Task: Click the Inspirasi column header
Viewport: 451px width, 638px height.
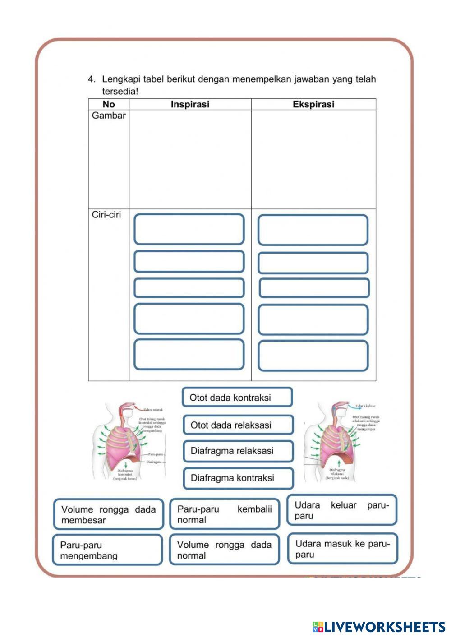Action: coord(190,104)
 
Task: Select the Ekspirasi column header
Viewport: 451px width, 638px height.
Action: coord(313,104)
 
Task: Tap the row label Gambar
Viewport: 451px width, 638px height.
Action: coord(109,116)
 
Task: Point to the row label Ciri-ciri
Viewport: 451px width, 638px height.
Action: coord(106,215)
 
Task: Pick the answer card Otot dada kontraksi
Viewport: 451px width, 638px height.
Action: coord(237,398)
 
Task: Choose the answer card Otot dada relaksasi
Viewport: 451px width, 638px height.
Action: coord(238,425)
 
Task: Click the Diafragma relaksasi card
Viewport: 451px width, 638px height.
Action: coord(238,451)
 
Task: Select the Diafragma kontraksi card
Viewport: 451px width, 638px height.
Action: coord(238,478)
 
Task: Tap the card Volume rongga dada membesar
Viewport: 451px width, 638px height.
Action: coord(108,514)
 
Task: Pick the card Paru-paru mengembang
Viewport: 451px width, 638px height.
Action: coord(107,550)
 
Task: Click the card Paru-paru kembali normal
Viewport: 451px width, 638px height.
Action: coord(225,514)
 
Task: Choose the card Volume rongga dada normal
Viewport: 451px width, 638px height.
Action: coord(224,550)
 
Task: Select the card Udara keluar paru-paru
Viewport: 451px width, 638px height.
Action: coord(342,510)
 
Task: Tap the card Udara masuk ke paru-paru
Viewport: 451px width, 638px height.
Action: coord(342,549)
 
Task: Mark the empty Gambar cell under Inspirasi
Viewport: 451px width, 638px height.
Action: coord(190,160)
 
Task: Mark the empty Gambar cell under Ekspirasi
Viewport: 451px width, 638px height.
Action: coord(313,160)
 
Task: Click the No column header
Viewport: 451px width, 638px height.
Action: coord(109,104)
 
